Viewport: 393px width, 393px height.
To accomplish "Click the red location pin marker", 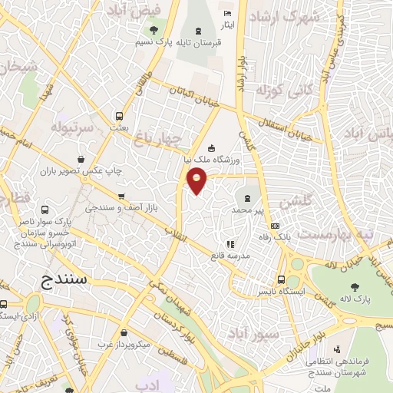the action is (197, 180).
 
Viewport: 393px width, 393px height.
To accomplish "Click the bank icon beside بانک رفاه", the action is (276, 225).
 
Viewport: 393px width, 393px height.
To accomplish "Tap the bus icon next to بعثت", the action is (118, 116).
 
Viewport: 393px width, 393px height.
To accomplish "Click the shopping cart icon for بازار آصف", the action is (121, 196).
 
